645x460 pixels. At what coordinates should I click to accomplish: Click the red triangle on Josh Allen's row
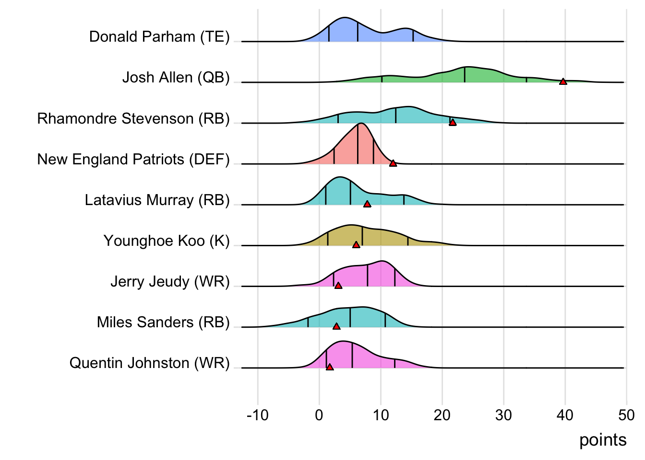coord(563,81)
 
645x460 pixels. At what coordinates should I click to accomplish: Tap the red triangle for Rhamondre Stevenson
coord(453,123)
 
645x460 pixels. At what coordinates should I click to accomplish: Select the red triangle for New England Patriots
coord(393,163)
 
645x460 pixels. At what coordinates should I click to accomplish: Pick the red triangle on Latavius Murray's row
coord(367,204)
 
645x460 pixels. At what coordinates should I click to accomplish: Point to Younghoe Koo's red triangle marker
coord(356,245)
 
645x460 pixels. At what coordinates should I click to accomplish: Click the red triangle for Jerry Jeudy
coord(338,286)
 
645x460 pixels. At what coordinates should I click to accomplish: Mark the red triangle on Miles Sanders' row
coord(336,326)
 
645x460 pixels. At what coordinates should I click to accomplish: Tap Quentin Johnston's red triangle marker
coord(330,367)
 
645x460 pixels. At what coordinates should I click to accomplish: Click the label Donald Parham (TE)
coord(159,36)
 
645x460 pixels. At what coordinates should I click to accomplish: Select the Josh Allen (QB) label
coord(176,77)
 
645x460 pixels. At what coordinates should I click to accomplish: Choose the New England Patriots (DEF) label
coord(133,159)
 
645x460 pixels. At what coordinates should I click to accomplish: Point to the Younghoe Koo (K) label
coord(167,241)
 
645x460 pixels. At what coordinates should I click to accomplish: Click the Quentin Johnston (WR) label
coord(149,363)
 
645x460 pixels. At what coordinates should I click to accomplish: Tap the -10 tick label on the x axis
coord(258,415)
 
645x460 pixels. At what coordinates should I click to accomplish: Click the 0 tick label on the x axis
coord(319,415)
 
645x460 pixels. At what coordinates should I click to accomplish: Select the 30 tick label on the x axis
coord(503,415)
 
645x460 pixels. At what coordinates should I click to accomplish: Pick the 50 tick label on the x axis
coord(626,415)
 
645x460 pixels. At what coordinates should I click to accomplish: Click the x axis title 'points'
coord(603,440)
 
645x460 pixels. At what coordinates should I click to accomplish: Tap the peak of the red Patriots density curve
coord(361,124)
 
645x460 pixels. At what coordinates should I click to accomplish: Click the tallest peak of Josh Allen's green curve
coord(466,67)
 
